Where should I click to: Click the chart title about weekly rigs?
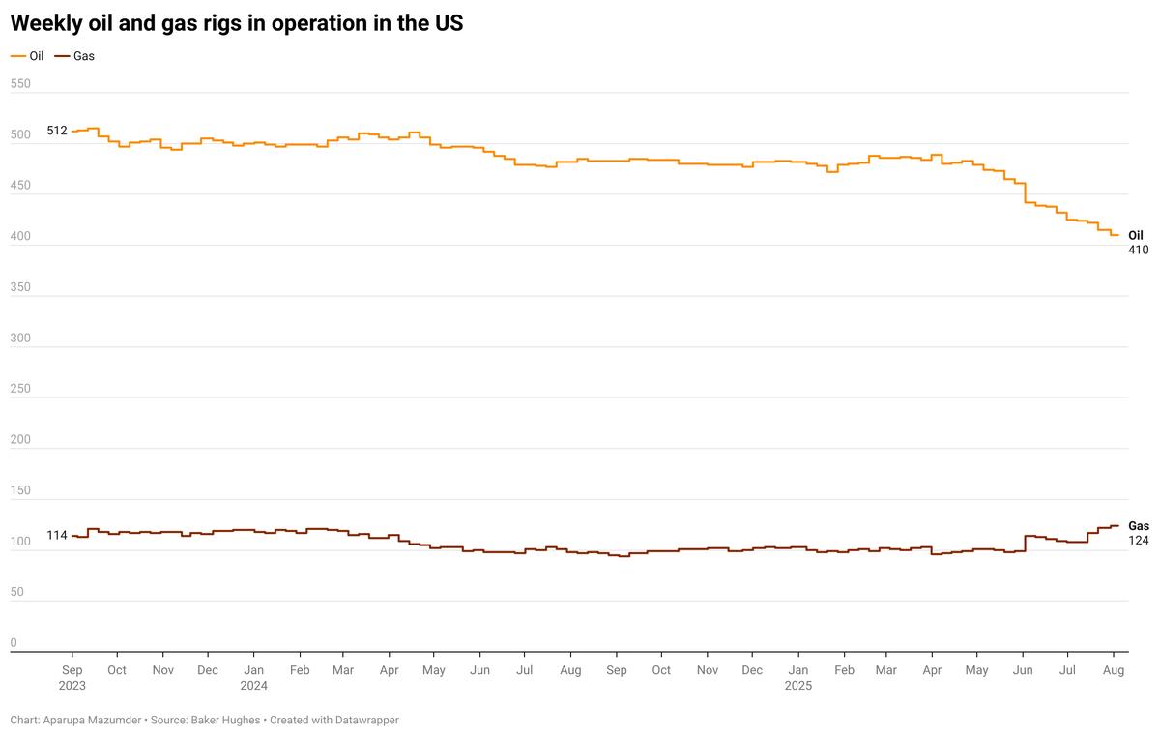237,24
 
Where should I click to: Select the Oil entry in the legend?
36,56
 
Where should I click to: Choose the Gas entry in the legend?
84,56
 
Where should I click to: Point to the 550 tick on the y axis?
20,84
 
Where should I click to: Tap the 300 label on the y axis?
20,338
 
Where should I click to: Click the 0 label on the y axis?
14,642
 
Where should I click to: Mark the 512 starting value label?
57,131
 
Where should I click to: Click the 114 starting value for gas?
57,536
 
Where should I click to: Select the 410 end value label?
1138,250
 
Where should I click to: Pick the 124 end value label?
1138,540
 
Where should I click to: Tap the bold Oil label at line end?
1136,235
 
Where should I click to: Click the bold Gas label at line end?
1139,526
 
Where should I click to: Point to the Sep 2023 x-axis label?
72,677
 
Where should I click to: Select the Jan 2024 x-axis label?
253,677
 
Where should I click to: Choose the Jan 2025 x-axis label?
798,677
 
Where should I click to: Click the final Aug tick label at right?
1113,669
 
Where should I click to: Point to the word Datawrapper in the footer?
364,721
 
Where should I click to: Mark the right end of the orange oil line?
1118,235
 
